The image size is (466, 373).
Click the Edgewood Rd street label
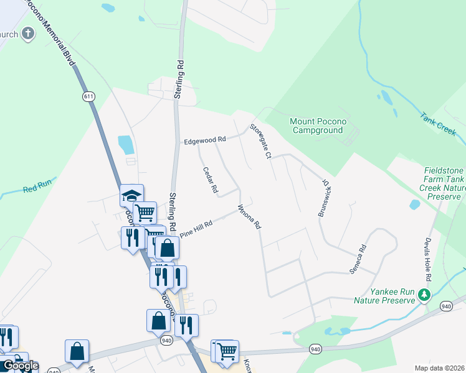(x=204, y=141)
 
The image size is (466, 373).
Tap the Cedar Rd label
(x=209, y=179)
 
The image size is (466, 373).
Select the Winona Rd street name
(x=248, y=217)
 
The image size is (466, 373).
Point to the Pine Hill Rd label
(x=196, y=229)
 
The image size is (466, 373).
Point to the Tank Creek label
(x=438, y=124)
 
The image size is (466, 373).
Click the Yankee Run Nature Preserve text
(x=384, y=296)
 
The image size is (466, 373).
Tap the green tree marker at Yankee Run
(x=425, y=294)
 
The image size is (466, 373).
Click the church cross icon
(x=28, y=34)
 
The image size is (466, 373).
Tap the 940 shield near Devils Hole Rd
(x=445, y=306)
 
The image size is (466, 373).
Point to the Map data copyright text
(x=440, y=368)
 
